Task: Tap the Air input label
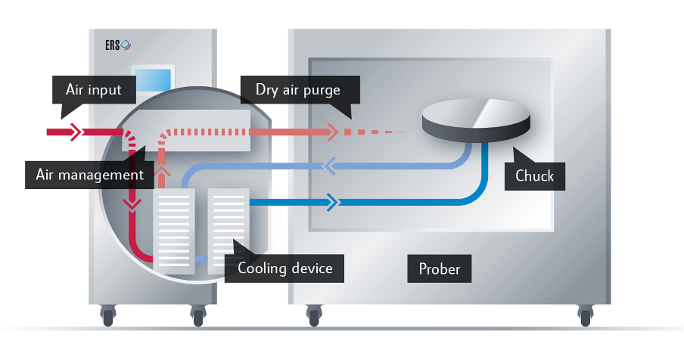94,89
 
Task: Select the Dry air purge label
298,89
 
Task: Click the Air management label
90,175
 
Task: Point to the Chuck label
534,176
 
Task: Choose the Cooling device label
284,268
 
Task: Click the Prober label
440,268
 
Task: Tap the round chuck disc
476,120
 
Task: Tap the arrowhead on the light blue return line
329,165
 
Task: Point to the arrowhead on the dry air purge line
331,132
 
